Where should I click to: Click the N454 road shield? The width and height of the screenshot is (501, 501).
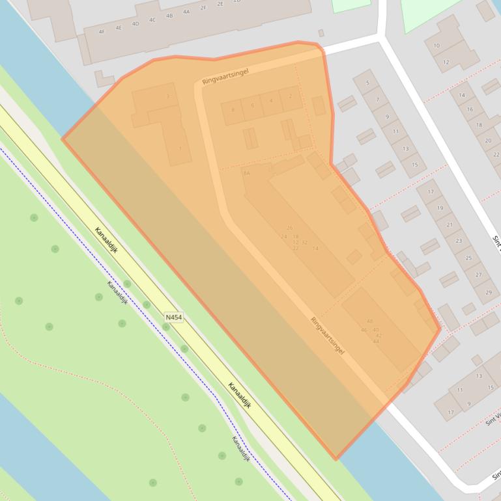(174, 318)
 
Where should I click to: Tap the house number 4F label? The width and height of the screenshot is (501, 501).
(102, 31)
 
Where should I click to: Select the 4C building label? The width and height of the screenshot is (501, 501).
(152, 20)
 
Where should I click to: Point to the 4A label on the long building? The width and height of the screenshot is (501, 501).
(186, 12)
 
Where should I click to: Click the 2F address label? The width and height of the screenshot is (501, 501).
(203, 7)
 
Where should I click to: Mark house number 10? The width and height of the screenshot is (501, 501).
(437, 46)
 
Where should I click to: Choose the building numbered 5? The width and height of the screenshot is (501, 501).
(367, 83)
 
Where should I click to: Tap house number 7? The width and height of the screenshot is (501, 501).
(377, 100)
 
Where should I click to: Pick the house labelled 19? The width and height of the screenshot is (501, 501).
(440, 208)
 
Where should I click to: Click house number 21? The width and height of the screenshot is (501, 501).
(450, 224)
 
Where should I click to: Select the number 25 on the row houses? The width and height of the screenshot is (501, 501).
(468, 258)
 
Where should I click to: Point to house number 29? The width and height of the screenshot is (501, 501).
(488, 292)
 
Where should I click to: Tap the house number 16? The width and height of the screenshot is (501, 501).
(470, 109)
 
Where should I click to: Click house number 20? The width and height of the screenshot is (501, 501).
(488, 140)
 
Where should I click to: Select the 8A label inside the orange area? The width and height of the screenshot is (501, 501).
(246, 173)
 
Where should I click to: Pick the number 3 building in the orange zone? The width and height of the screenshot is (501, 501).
(167, 96)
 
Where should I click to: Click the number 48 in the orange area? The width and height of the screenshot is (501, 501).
(370, 321)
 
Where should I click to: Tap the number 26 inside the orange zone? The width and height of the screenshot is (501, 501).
(289, 228)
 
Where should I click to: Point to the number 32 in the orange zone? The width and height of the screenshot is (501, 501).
(304, 242)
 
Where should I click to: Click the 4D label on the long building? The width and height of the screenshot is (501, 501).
(136, 23)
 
